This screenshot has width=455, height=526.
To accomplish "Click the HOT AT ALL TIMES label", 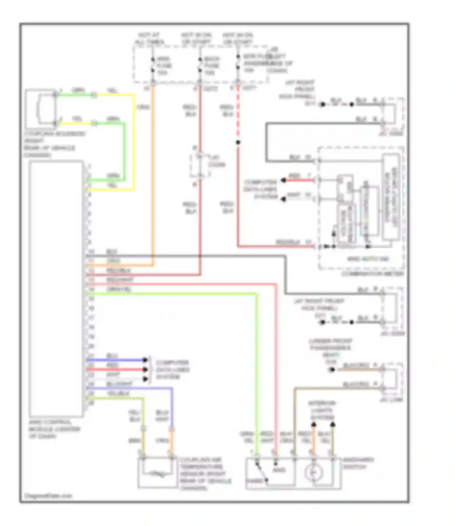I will point(149,39).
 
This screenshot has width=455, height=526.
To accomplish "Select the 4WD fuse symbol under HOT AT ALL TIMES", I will point(153,65).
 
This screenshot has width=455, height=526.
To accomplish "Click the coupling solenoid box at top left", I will point(41,109).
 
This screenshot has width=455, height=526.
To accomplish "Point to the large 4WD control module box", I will point(56,288).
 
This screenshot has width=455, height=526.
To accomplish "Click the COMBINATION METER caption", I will point(372,274).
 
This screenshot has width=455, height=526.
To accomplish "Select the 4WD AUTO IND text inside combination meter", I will point(368,259).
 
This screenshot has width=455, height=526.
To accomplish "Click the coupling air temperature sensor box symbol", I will point(157,473).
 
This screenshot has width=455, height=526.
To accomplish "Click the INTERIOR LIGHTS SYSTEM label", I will point(322,410).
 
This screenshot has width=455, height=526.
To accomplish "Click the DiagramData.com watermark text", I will point(48,496).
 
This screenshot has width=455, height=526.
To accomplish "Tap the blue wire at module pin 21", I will point(115,360).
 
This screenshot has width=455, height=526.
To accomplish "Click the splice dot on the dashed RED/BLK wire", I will point(238,142).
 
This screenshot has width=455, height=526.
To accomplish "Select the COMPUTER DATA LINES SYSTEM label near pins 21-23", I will point(172,369).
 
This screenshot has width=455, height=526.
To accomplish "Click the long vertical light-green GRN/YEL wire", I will point(257,364).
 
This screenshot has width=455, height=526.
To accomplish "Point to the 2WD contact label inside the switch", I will point(279,470).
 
